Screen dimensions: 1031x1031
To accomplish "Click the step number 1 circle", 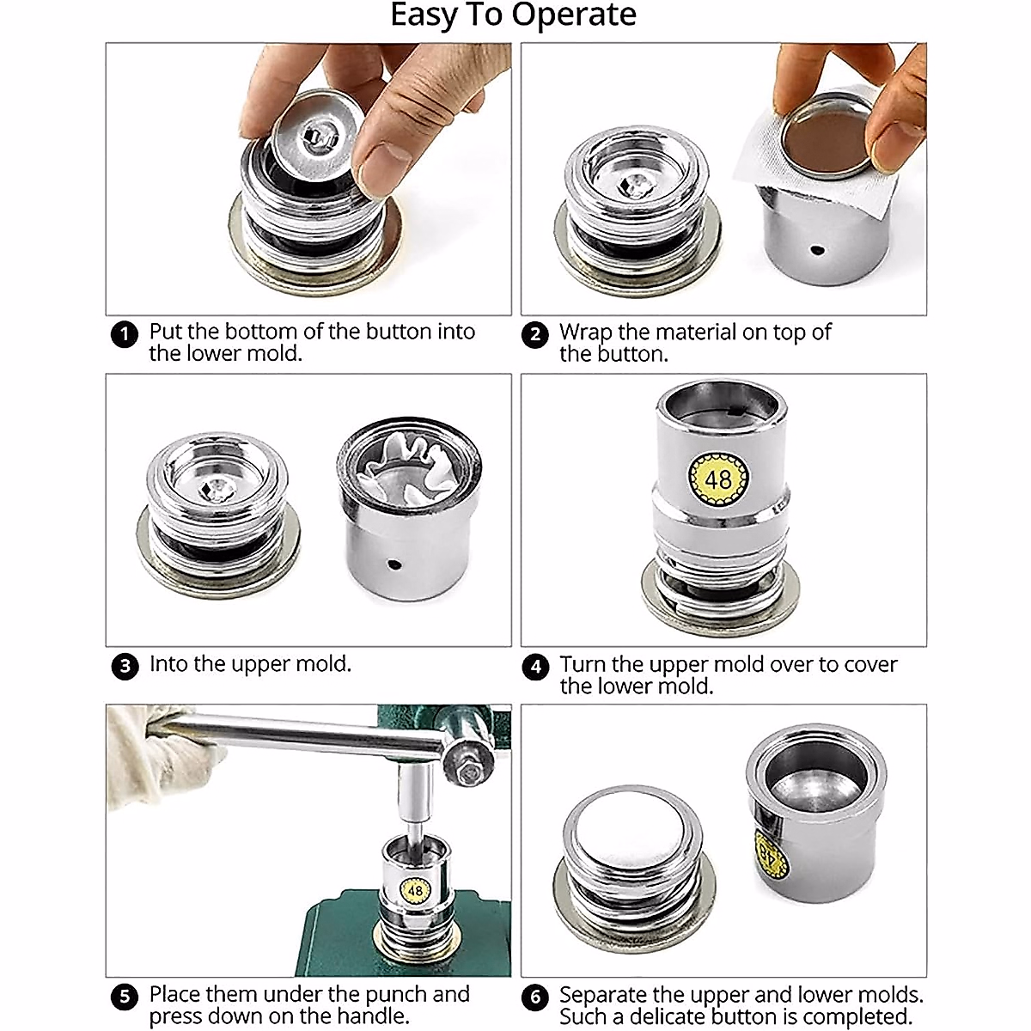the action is (125, 334).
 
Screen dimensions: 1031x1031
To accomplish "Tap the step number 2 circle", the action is (535, 335).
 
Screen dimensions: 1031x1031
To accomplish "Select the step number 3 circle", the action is (125, 666).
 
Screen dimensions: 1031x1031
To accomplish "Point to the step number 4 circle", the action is (535, 667).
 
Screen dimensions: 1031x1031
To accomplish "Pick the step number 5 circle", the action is (125, 997).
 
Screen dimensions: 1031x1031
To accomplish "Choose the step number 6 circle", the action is (535, 997).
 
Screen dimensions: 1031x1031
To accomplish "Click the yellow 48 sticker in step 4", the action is (718, 479).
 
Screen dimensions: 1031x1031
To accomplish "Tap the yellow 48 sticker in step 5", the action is (415, 890).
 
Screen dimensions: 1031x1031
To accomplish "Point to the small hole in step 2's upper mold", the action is (816, 249).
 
